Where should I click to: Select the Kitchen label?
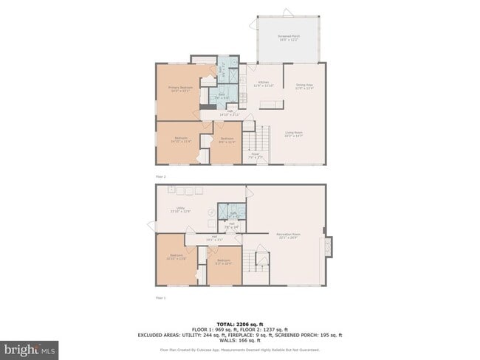pyautogui.click(x=264, y=84)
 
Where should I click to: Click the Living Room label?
pyautogui.click(x=294, y=134)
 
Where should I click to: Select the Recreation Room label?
pyautogui.click(x=287, y=235)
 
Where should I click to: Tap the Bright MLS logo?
pyautogui.click(x=30, y=347)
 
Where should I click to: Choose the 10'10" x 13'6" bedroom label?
pyautogui.click(x=171, y=257)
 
